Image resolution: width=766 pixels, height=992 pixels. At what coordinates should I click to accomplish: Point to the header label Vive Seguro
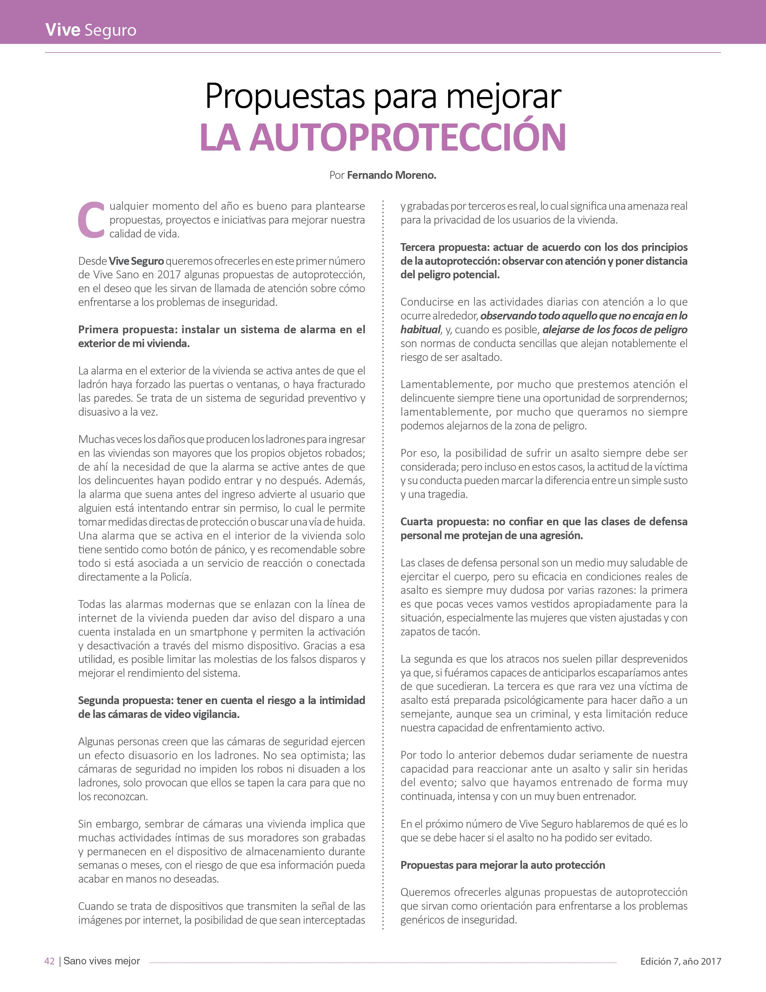[x=91, y=30]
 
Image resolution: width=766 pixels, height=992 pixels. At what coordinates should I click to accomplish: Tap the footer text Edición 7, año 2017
[x=680, y=961]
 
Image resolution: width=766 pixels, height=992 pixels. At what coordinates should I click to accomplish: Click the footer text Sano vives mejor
[x=102, y=961]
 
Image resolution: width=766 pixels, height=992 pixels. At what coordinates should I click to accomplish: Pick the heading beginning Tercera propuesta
[x=543, y=261]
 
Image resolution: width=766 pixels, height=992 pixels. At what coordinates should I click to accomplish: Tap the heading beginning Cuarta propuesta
[x=543, y=528]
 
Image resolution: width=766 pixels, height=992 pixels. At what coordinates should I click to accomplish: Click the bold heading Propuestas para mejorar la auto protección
[x=502, y=865]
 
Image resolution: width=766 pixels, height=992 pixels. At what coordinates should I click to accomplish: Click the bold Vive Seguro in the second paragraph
[x=136, y=261]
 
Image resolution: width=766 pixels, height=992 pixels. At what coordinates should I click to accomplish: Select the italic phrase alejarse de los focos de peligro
[x=615, y=330]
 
